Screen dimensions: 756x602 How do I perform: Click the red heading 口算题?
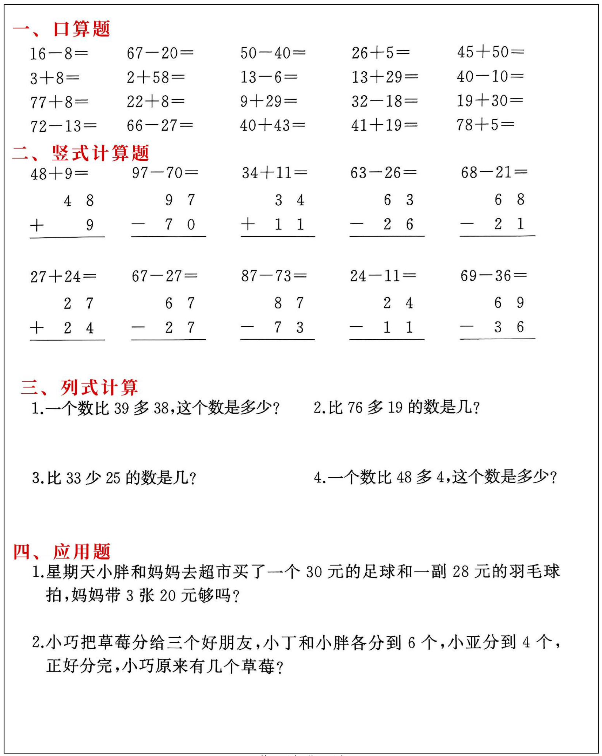pos(81,29)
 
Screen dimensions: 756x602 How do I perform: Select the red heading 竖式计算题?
pos(100,153)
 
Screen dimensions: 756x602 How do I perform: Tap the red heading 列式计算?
pos(99,387)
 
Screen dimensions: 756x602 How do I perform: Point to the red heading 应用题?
pos(81,551)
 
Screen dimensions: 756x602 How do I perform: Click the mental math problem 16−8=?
pos(58,54)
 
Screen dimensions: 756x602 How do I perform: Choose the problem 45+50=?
pos(490,52)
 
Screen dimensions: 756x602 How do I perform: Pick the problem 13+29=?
pos(384,77)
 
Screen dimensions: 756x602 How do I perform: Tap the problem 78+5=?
pos(485,125)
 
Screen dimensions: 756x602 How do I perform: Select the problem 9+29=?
pos(268,101)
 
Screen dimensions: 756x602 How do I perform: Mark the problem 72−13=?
pos(63,126)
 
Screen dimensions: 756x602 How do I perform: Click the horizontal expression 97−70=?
pos(165,172)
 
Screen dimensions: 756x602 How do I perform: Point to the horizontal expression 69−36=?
pos(493,276)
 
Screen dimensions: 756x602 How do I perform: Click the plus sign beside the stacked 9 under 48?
pos(37,225)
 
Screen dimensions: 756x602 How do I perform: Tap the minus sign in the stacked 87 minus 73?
pos(247,327)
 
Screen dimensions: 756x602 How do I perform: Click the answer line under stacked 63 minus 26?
pos(387,236)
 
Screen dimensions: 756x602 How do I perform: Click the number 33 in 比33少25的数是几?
pos(73,478)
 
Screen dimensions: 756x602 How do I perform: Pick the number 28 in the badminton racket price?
pos(461,572)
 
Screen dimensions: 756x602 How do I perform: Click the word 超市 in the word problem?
pos(207,572)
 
